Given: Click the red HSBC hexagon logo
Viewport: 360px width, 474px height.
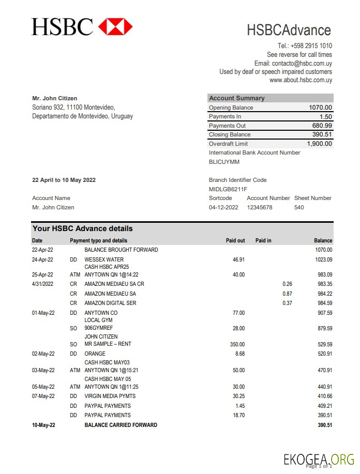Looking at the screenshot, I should pos(115,26).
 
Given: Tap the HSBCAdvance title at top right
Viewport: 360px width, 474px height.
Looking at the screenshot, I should pos(289,30).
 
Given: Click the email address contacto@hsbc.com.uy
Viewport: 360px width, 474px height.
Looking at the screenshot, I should pos(302,63).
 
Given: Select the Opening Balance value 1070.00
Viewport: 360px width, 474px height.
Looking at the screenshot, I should pos(320,108).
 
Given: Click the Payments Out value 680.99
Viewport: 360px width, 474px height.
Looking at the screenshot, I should pos(322,126).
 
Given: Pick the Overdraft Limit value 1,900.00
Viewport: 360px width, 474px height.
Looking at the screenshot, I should pos(319,144).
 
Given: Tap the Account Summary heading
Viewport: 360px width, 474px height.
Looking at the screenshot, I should pos(236,98).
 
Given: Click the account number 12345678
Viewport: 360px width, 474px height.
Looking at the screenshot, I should pos(259,207).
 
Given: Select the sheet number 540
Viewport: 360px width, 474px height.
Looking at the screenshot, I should pos(299,207).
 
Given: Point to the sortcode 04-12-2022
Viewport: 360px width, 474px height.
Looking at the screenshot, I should pos(223,207).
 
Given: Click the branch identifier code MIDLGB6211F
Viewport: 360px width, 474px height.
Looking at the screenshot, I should pos(228,189).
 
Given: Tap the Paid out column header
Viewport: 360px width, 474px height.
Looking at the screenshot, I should pos(235,240).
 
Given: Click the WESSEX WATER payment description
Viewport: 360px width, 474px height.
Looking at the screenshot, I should pos(104,259).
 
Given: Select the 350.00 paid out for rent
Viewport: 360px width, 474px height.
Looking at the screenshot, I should pos(237,344).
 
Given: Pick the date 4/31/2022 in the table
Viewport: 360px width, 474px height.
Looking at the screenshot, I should pos(43,284).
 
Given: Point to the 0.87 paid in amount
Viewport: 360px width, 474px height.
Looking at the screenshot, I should pos(287,294).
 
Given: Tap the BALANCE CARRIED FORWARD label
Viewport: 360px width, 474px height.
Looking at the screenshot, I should pos(121,425).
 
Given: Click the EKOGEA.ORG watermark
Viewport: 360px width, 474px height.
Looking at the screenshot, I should pos(318,458).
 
